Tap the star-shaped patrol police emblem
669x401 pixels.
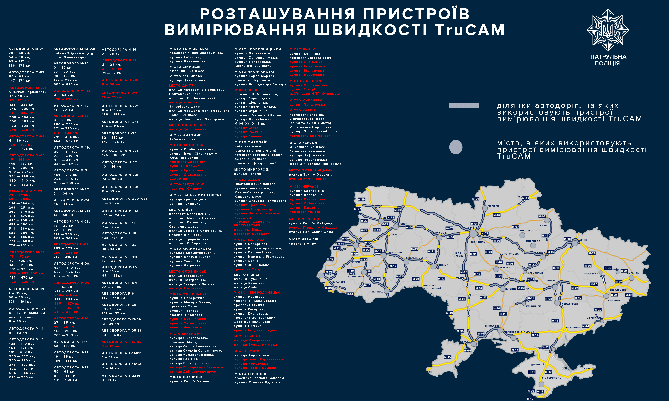pos(607,30)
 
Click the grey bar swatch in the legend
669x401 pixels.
pos(464,105)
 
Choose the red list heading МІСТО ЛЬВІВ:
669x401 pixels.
pos(247,90)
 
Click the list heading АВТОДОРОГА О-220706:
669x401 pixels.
pos(124,199)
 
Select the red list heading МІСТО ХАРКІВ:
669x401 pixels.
pos(303,111)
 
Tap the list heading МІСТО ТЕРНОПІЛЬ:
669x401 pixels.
pos(252,374)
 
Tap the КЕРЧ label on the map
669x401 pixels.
pos(587,369)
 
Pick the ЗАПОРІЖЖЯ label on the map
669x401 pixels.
pos(570,304)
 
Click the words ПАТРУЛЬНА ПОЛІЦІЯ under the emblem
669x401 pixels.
pos(608,60)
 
